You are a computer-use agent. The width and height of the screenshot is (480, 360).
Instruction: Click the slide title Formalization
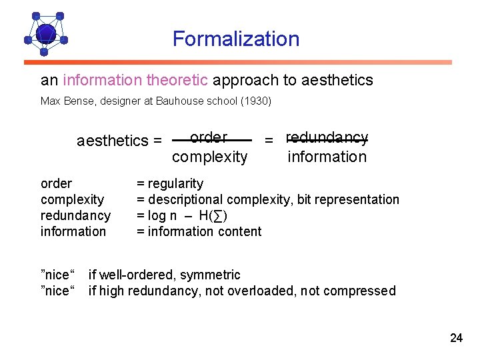click(236, 39)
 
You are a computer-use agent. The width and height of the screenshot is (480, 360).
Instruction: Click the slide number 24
click(456, 338)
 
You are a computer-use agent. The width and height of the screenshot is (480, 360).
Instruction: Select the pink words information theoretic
click(135, 81)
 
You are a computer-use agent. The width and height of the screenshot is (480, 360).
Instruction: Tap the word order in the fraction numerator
click(209, 137)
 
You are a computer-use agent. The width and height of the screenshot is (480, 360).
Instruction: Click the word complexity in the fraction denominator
click(209, 157)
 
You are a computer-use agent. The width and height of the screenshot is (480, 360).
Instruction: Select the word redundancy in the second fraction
click(327, 137)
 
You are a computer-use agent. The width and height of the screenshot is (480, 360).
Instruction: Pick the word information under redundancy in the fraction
click(327, 157)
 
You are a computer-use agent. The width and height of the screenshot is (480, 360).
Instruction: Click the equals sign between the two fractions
click(269, 141)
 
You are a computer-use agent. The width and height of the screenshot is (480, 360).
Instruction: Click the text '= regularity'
click(170, 183)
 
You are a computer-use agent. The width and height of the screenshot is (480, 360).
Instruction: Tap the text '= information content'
click(199, 231)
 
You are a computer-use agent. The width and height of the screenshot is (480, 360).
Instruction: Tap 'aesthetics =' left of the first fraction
click(119, 141)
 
